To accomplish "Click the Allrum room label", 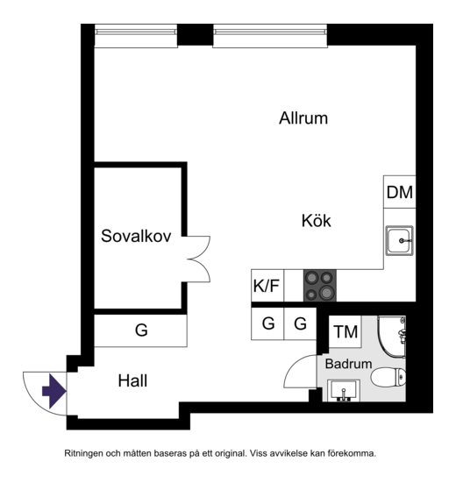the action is [303, 118].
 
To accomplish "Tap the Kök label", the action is [316, 221].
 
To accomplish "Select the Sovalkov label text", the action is [136, 236].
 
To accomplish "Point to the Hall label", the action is [132, 380].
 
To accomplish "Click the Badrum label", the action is [348, 364].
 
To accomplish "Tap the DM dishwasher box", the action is [400, 192].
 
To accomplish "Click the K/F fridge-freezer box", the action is [267, 286].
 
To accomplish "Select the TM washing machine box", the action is [346, 331].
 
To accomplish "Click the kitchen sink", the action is [400, 240].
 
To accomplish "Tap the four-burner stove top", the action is [320, 286].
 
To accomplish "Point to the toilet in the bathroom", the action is [388, 377].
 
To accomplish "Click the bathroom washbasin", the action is [344, 390].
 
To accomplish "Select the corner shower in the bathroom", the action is [392, 337].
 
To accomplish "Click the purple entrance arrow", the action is [53, 392].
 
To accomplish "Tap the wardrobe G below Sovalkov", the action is [140, 330].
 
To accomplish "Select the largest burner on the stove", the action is [326, 292].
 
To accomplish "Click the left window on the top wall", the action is [136, 36].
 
